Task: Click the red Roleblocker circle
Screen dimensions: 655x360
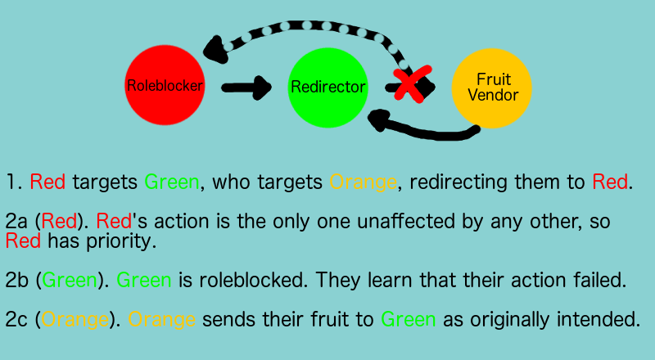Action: click(165, 85)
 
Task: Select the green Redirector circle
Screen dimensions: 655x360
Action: click(328, 88)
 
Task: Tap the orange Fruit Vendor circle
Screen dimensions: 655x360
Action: click(492, 88)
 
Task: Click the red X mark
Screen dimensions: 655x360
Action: click(413, 83)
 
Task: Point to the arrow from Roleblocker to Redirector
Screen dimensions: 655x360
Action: click(246, 88)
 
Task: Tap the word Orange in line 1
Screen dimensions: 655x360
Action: click(363, 182)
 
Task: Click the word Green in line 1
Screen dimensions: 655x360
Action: click(172, 182)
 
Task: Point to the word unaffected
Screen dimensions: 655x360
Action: click(405, 221)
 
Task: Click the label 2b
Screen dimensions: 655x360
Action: click(16, 280)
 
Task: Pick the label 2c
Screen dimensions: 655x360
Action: click(16, 319)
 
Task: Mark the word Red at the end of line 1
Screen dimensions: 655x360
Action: click(610, 182)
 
